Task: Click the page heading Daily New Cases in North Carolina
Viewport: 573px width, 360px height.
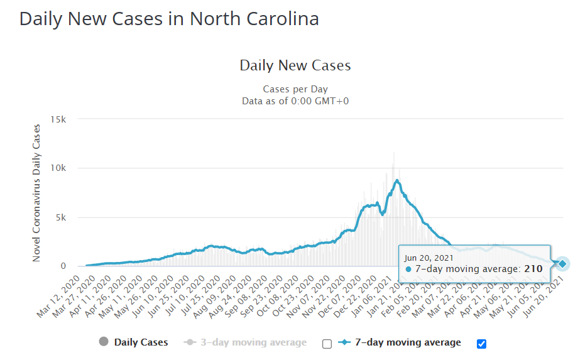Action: coord(169,19)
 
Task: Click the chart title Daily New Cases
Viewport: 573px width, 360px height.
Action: coord(295,65)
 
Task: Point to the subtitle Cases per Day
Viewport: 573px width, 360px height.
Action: coord(295,89)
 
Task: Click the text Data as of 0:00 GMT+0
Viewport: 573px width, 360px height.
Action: coord(295,101)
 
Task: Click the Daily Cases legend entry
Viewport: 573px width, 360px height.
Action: coord(134,342)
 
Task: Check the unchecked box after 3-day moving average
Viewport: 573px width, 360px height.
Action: coord(327,344)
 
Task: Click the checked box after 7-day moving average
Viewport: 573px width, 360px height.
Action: coord(482,344)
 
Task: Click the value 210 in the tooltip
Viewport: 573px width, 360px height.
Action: coord(533,269)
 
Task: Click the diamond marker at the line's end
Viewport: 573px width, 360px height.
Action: coord(562,264)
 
